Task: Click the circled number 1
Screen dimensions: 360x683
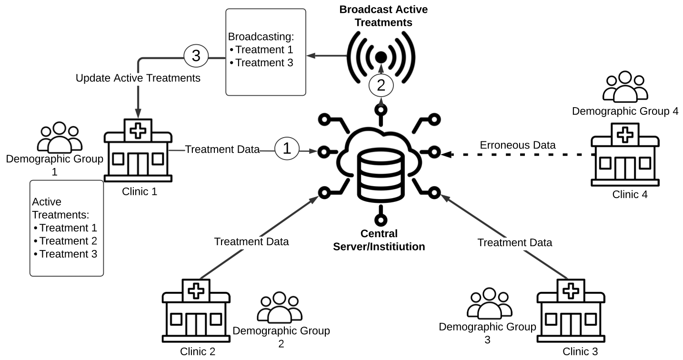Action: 287,149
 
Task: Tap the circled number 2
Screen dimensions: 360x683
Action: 381,86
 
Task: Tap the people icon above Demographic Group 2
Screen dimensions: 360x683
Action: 279,307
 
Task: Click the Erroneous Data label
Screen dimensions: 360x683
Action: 518,145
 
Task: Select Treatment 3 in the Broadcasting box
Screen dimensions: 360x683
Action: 264,62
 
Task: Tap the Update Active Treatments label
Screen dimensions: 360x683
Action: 138,78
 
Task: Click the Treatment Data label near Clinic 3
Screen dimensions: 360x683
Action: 514,243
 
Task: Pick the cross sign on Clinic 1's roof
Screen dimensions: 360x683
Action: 138,130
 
